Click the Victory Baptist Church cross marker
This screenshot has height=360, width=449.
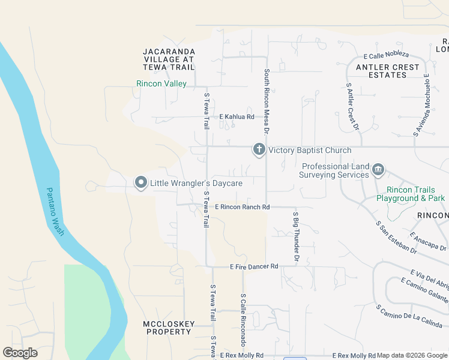[x=259, y=149]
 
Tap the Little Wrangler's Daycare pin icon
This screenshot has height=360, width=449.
[x=141, y=182]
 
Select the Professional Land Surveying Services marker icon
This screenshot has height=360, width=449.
[x=378, y=170]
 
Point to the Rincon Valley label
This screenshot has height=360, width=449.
[x=161, y=84]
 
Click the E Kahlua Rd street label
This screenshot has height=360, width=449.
[x=237, y=116]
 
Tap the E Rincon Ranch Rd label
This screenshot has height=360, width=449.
[x=243, y=207]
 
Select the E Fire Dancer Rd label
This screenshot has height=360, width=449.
[x=255, y=266]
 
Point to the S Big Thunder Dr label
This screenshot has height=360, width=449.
[x=295, y=236]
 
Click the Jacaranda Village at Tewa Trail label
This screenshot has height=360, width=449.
[x=169, y=59]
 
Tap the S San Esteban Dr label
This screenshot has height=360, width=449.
[x=396, y=236]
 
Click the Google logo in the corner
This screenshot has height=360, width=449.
[x=20, y=353]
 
